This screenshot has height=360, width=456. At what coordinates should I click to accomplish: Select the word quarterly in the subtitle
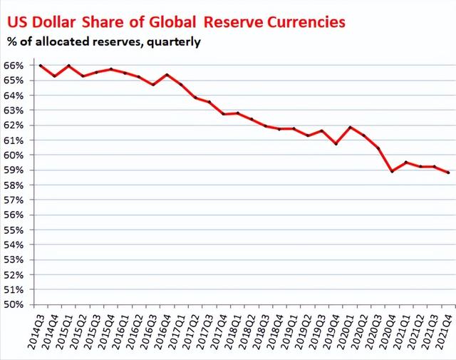[174, 41]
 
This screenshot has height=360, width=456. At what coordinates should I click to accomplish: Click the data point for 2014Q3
[40, 66]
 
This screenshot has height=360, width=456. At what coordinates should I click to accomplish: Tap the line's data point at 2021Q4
[447, 173]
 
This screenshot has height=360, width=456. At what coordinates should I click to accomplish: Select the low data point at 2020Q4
[391, 171]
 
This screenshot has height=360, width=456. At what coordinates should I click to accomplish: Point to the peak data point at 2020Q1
[349, 127]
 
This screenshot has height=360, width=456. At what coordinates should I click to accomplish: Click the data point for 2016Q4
[166, 74]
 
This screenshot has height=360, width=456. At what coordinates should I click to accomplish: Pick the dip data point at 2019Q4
[335, 143]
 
